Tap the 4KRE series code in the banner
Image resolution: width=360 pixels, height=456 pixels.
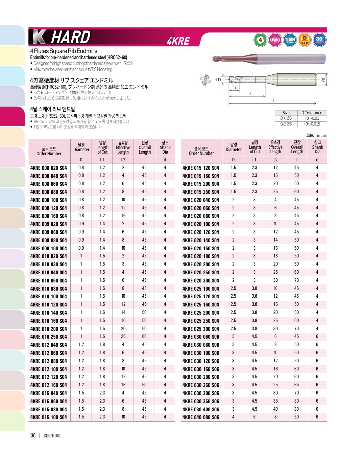pyautogui.click(x=178, y=41)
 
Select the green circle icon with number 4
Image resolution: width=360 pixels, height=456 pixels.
pyautogui.click(x=260, y=40)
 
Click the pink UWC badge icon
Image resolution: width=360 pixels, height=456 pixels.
pyautogui.click(x=275, y=40)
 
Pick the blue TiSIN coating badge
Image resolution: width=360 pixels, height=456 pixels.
pyautogui.click(x=290, y=40)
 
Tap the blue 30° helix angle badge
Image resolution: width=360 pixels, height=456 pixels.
pyautogui.click(x=319, y=40)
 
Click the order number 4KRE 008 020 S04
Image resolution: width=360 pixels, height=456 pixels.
pyautogui.click(x=49, y=168)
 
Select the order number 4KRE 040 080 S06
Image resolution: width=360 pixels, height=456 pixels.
pyautogui.click(x=201, y=417)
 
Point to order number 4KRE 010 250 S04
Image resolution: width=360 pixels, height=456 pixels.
pyautogui.click(x=49, y=337)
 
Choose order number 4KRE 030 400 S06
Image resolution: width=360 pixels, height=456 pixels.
pyautogui.click(x=201, y=409)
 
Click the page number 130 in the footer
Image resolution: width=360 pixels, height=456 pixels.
pyautogui.click(x=32, y=436)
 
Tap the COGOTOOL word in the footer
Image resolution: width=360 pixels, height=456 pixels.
pyautogui.click(x=52, y=436)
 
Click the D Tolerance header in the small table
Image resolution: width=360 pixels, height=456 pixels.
pyautogui.click(x=312, y=113)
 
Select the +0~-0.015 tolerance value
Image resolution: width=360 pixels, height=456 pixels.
pyautogui.click(x=312, y=124)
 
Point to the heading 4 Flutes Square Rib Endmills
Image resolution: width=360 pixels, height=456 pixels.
pyautogui.click(x=64, y=51)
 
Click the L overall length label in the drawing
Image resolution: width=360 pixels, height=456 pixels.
pyautogui.click(x=274, y=100)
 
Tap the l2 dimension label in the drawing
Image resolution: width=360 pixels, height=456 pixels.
pyautogui.click(x=250, y=93)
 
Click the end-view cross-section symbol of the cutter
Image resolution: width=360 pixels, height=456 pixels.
pyautogui.click(x=205, y=80)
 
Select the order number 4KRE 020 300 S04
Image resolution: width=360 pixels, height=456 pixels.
pyautogui.click(x=201, y=280)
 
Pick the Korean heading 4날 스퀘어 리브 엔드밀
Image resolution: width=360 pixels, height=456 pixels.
pyautogui.click(x=53, y=109)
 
